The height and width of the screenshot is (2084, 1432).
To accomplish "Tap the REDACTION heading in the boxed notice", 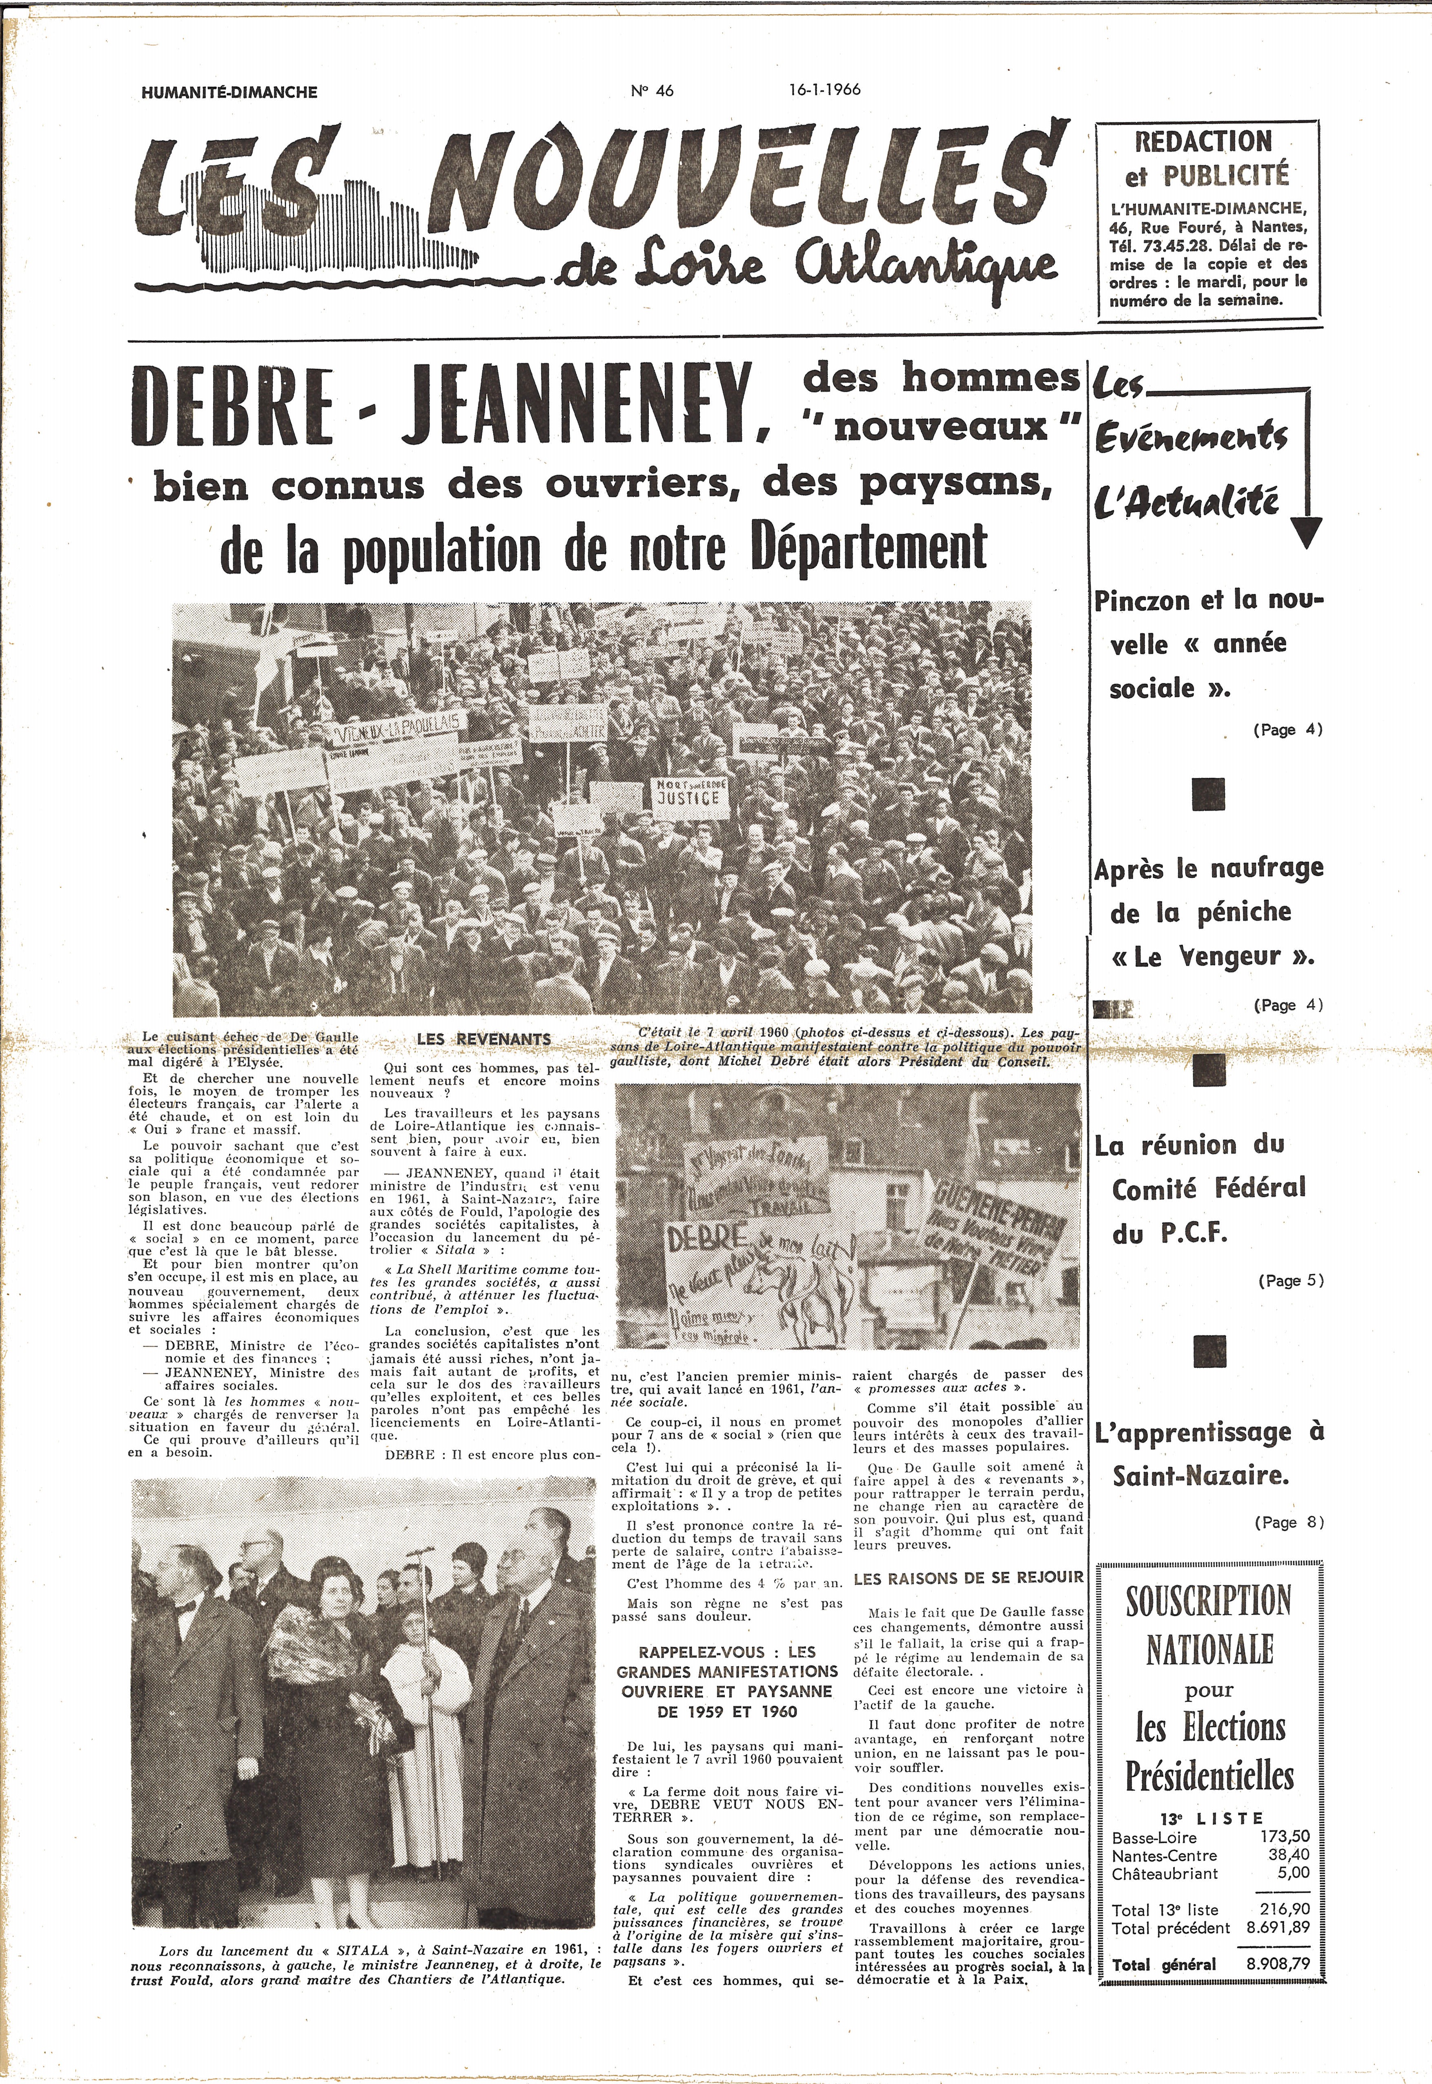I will point(1203,142).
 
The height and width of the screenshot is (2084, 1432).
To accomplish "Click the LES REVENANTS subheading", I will point(483,1039).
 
